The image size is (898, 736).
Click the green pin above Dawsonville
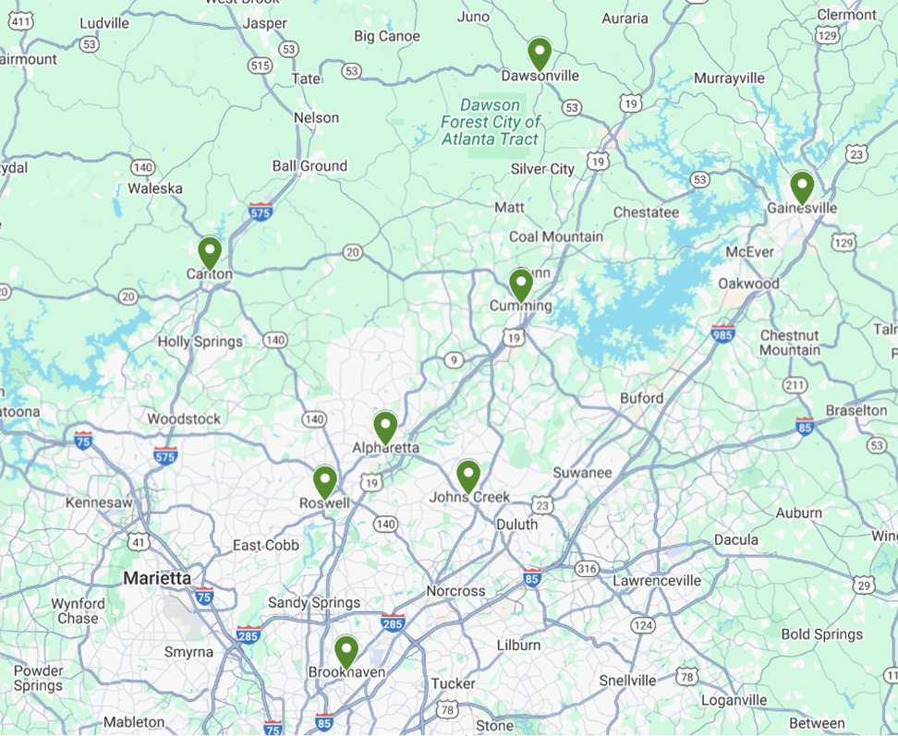tap(540, 53)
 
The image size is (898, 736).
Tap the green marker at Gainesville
tap(802, 187)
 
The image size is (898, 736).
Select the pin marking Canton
tap(210, 251)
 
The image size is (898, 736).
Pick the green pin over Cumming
tap(521, 284)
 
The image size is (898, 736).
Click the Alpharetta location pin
tap(385, 427)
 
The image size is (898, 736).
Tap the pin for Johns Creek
tap(468, 476)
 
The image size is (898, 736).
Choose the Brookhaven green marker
tap(346, 651)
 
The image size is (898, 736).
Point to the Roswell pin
tap(324, 481)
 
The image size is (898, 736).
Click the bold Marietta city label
tap(157, 578)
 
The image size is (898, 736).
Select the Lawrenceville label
tap(657, 581)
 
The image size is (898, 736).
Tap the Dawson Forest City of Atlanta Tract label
tap(490, 122)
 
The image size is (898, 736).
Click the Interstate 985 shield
tap(722, 333)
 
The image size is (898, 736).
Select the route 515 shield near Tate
tap(260, 66)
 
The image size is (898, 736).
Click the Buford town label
tap(641, 398)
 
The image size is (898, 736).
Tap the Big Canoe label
tap(387, 36)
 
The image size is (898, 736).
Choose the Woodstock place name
tap(184, 419)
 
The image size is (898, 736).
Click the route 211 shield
tap(795, 384)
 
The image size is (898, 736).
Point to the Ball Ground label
tap(309, 166)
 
